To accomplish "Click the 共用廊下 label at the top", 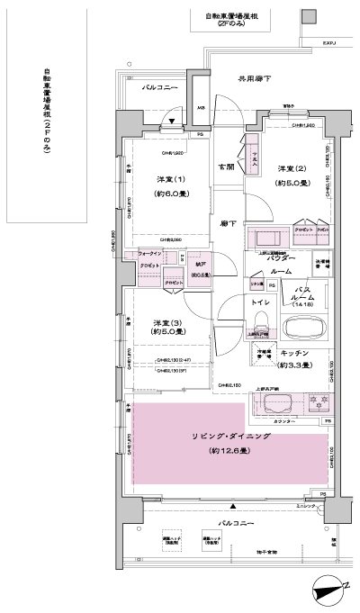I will click(x=255, y=79).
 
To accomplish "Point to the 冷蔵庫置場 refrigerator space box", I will click(x=265, y=355).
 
